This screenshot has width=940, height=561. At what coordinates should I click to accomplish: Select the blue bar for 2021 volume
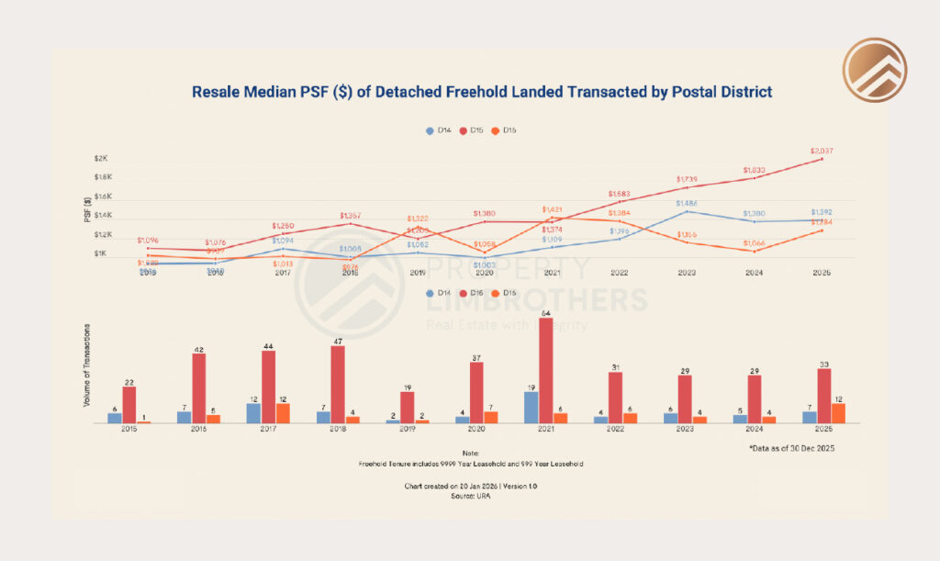(531, 408)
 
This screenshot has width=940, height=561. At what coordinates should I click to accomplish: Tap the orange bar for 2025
(838, 413)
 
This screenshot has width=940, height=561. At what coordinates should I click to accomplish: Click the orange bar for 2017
(282, 413)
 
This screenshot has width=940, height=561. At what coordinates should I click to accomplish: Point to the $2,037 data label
(822, 151)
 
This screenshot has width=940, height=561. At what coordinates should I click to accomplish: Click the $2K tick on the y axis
(101, 158)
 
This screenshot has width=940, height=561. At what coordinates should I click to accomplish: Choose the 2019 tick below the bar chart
(407, 429)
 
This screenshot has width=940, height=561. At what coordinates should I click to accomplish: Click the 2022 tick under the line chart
(619, 273)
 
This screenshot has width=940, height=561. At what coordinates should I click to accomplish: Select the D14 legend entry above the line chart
(439, 130)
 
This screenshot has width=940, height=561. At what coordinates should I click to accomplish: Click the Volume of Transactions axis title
(88, 365)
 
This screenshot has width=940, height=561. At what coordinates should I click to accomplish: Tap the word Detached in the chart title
(392, 92)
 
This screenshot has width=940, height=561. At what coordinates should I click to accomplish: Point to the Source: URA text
(469, 495)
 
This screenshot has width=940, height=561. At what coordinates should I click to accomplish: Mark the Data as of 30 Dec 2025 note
(790, 447)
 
